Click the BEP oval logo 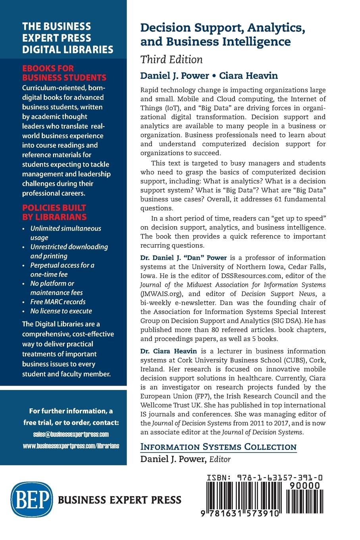pyautogui.click(x=32, y=499)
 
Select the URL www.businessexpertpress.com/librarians pyautogui.click(x=71, y=446)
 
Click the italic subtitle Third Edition pyautogui.click(x=171, y=60)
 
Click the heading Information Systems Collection pyautogui.click(x=218, y=447)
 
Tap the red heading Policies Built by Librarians pyautogui.click(x=54, y=212)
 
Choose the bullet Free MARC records pyautogui.click(x=58, y=302)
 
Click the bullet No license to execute pyautogui.click(x=61, y=311)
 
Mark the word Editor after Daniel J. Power pyautogui.click(x=220, y=459)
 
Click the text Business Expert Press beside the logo pyautogui.click(x=119, y=500)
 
